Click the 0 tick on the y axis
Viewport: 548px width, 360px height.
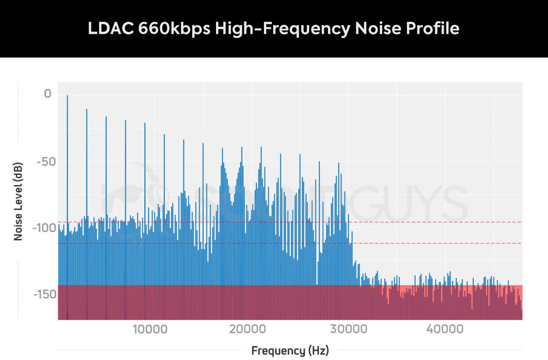47,95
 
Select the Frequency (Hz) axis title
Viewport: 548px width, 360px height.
290,351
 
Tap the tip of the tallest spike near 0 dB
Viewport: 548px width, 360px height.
67,96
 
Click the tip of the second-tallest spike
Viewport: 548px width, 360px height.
87,110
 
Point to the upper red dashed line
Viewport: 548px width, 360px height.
434,222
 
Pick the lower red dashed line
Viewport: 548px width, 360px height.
434,243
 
